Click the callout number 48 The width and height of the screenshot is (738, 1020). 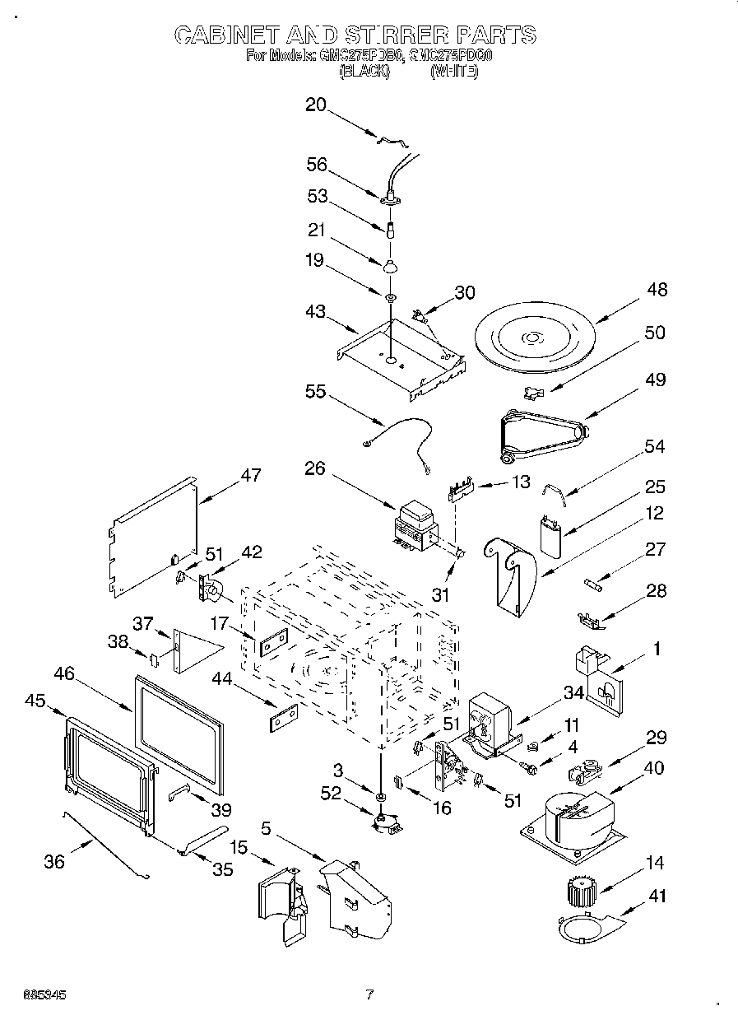(656, 290)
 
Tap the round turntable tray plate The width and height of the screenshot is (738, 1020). (534, 338)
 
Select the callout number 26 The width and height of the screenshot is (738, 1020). (314, 468)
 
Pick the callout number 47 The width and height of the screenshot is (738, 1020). (250, 475)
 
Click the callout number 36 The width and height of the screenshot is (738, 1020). (53, 861)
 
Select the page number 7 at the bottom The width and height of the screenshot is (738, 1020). (369, 994)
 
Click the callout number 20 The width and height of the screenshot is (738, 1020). (316, 105)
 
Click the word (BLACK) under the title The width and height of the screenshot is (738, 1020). (364, 72)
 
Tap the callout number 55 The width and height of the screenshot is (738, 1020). (316, 393)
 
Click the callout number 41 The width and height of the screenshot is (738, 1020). (657, 897)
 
